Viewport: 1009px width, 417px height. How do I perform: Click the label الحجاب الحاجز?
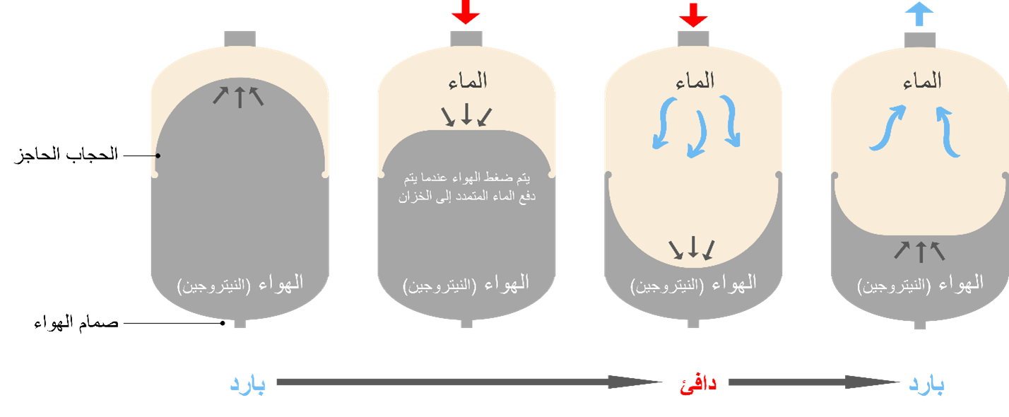[x=66, y=155]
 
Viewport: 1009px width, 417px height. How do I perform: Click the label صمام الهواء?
[x=76, y=323]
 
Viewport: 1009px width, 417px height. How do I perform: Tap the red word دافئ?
[x=698, y=384]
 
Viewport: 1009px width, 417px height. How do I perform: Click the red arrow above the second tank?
[x=466, y=12]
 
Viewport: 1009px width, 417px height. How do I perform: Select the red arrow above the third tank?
[x=693, y=15]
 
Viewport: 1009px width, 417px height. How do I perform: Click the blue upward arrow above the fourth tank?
[x=919, y=14]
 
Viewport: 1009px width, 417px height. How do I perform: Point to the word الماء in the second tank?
[x=468, y=81]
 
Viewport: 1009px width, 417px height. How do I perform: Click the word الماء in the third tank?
[x=695, y=81]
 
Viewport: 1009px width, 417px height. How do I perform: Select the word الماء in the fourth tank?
[x=922, y=81]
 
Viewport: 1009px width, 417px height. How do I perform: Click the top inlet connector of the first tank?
[x=240, y=39]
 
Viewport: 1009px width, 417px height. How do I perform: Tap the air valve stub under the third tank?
[x=693, y=323]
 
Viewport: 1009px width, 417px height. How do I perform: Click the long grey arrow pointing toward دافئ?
[x=469, y=382]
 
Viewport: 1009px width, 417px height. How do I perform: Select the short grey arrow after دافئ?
[x=814, y=382]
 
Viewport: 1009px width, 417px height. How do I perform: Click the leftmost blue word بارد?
[x=247, y=384]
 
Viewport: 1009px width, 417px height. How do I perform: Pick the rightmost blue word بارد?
[x=926, y=384]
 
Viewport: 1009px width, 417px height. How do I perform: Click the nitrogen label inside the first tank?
[x=240, y=284]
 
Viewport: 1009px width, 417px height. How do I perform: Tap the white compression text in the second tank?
[x=466, y=187]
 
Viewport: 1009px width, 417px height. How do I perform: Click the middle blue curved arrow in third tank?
[x=697, y=134]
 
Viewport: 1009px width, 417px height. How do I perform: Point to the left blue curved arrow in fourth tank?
[x=887, y=128]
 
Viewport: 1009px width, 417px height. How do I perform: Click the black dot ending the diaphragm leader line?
[x=158, y=155]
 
